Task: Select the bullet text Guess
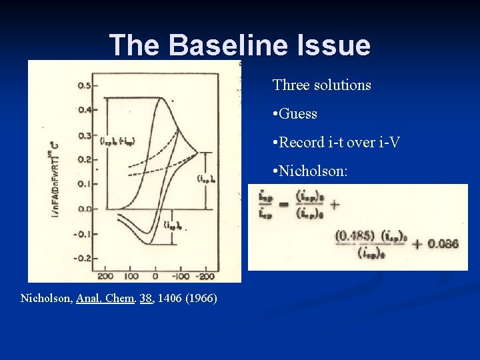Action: click(x=298, y=114)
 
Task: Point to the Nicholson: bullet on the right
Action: click(x=311, y=171)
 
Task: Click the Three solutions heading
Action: click(x=321, y=85)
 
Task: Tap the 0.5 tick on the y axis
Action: click(x=85, y=85)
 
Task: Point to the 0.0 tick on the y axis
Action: click(x=84, y=209)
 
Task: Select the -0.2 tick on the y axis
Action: click(x=83, y=258)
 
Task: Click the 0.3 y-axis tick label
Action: click(x=85, y=135)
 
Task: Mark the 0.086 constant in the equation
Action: click(x=442, y=244)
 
